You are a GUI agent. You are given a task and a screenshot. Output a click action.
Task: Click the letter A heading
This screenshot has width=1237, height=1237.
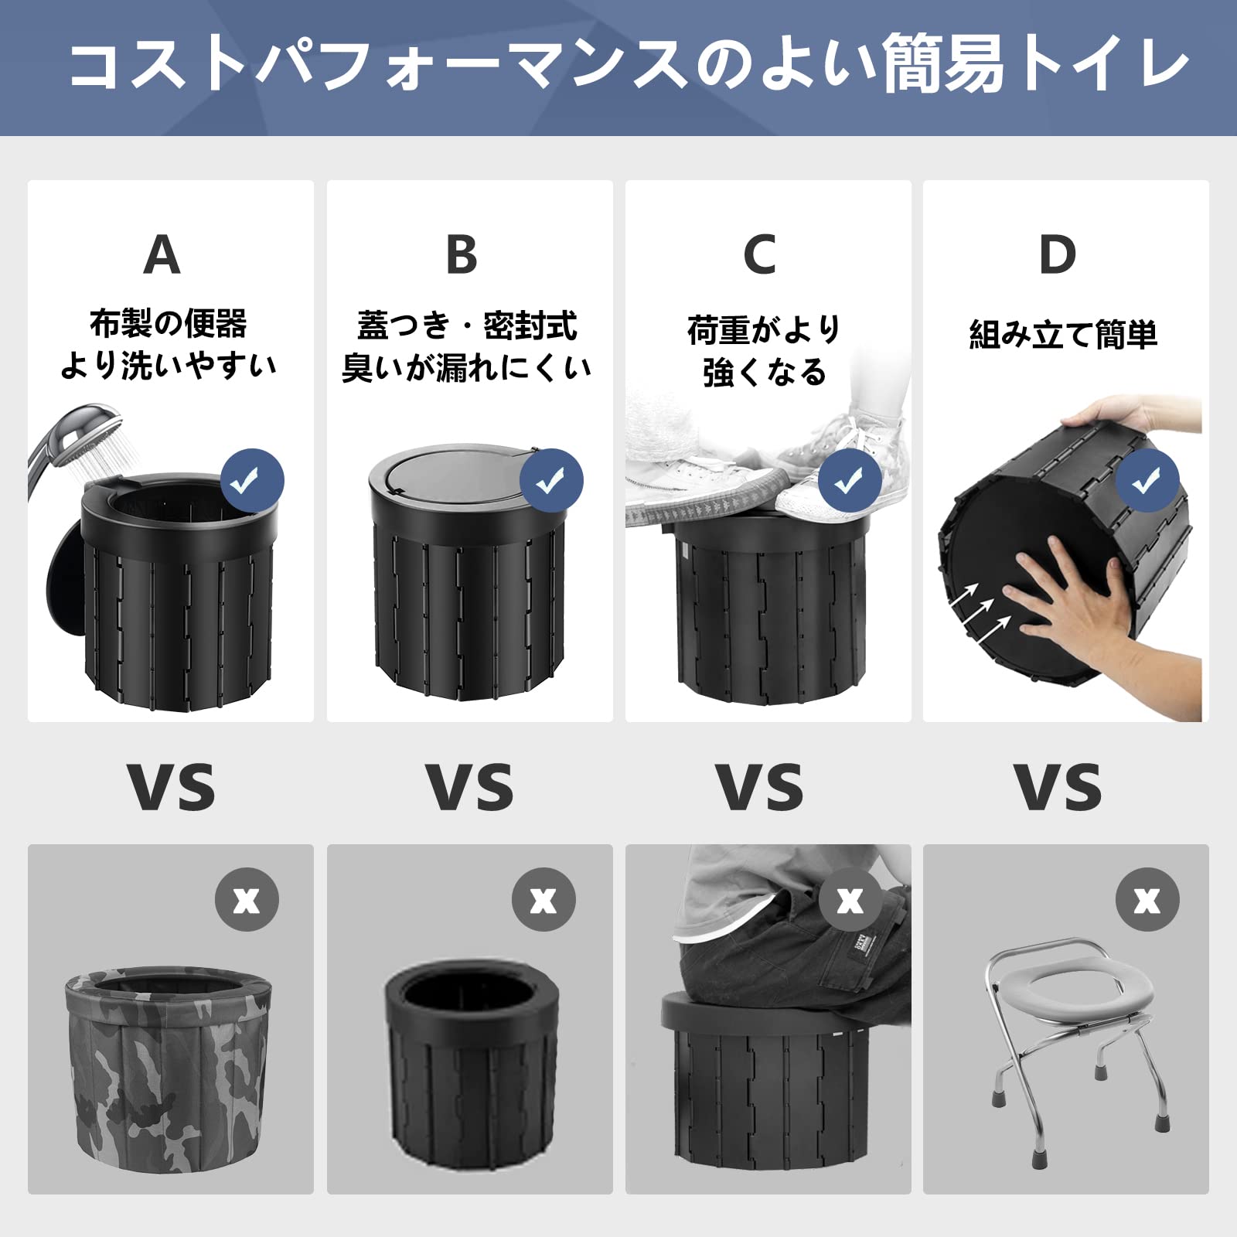[162, 254]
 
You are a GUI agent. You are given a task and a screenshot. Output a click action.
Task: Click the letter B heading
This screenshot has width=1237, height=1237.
[462, 254]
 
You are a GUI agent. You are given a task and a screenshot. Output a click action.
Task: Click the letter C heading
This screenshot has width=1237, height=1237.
[759, 254]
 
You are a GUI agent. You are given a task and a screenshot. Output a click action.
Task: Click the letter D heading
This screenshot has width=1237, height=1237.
[1058, 254]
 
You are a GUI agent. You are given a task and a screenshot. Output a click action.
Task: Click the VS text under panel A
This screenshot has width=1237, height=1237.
[172, 787]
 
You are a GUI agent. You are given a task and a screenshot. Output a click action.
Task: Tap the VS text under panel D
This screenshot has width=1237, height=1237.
[1058, 787]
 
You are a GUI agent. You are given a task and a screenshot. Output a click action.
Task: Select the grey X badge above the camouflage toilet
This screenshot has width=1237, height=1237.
[247, 900]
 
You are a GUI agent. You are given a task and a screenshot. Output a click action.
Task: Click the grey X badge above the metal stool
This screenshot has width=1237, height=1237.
[1147, 900]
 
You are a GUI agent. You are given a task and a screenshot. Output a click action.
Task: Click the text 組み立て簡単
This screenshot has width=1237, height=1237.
[1063, 335]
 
